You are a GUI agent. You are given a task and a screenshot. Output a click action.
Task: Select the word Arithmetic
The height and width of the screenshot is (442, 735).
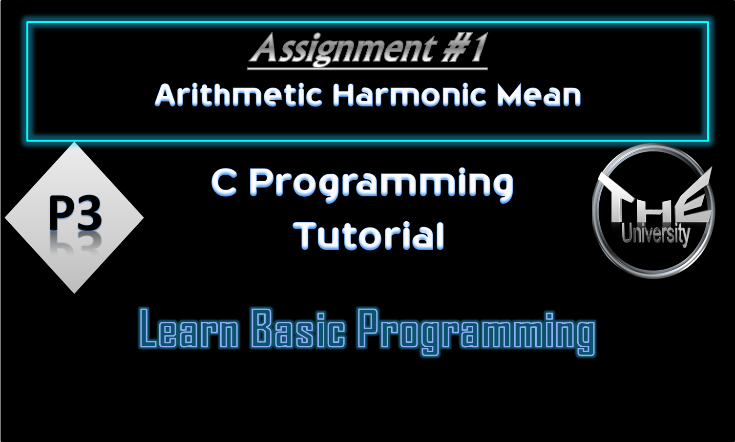(x=238, y=95)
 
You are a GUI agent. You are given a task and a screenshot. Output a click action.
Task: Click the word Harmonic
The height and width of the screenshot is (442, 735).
(x=409, y=95)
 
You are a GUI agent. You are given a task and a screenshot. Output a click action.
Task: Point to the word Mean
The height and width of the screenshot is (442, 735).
(x=539, y=95)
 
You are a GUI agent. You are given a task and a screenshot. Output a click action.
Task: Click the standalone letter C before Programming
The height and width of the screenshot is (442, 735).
(x=224, y=183)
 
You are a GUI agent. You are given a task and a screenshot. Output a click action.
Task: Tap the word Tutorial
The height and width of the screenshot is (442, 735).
(x=369, y=236)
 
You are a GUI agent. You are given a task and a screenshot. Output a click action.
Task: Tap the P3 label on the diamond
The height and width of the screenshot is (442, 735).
(x=75, y=213)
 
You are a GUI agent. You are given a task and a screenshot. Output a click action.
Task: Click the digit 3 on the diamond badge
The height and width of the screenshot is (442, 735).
(x=88, y=213)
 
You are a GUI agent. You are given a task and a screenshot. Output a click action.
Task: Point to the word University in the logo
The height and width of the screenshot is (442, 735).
(x=655, y=234)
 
